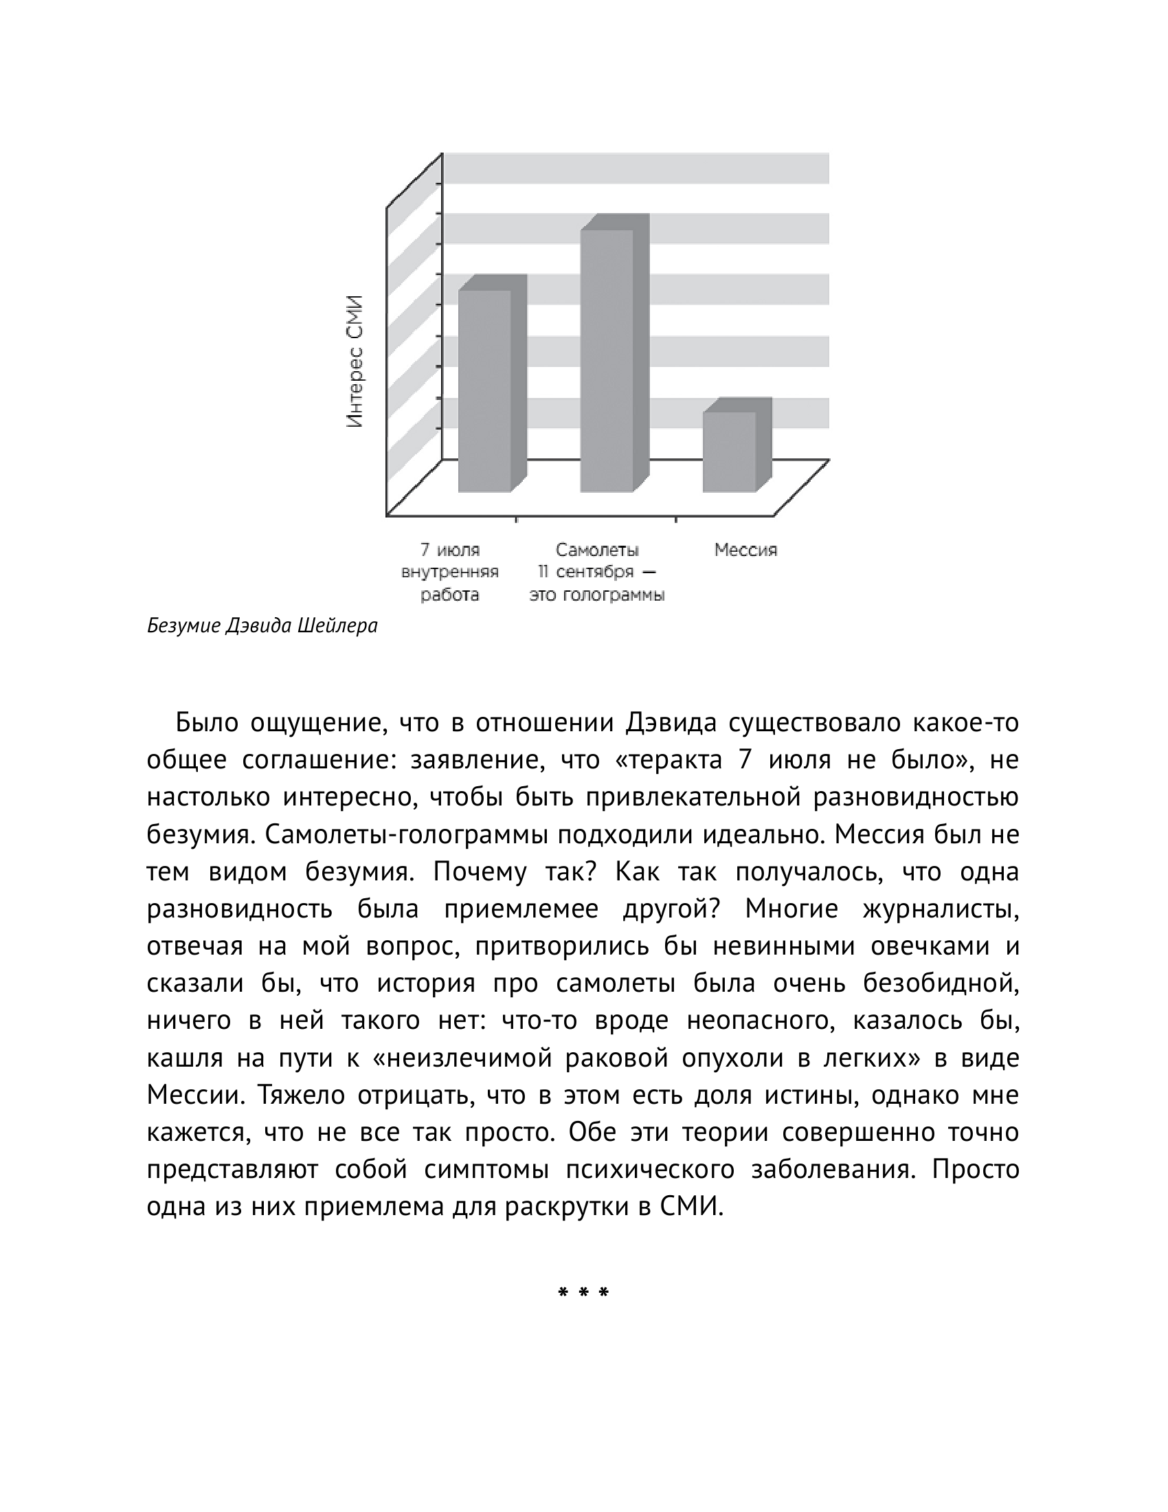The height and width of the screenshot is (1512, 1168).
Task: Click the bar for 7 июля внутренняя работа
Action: pos(484,391)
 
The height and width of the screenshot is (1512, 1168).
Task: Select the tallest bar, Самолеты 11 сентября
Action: pos(607,360)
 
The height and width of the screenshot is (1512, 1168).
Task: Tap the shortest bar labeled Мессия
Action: pos(729,452)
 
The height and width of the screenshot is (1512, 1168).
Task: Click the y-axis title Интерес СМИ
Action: pos(355,362)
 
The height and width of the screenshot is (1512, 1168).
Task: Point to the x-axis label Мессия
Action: pos(746,551)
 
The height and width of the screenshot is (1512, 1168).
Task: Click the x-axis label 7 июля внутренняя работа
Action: pos(451,572)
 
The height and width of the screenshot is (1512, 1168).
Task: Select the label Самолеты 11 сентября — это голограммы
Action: pos(597,572)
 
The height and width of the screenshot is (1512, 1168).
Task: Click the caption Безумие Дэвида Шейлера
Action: pos(262,627)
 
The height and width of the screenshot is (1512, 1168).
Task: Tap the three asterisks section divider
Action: pos(583,1293)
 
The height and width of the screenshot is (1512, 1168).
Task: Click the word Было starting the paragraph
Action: pos(206,724)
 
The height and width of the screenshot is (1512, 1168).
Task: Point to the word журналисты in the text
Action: pos(941,909)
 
